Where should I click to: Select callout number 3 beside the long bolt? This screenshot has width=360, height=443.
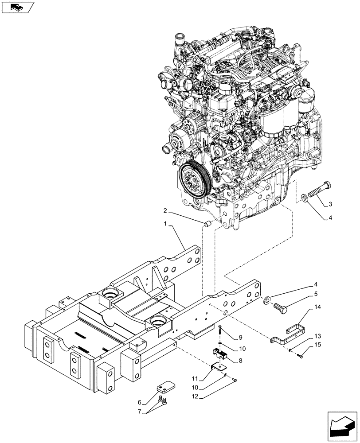click(331, 204)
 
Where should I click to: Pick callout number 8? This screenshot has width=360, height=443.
click(240, 361)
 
